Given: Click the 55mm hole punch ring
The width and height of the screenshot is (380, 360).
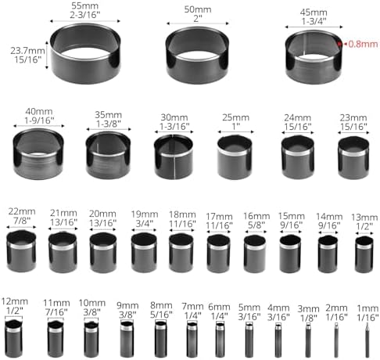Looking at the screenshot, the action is [85, 76].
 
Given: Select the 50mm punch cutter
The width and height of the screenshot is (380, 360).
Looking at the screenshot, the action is [197, 74].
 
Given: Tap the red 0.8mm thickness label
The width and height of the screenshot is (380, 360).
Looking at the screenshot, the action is [363, 44].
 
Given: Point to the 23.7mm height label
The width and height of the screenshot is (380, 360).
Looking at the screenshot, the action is [27, 50].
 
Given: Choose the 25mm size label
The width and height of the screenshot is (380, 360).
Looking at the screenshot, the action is [235, 117].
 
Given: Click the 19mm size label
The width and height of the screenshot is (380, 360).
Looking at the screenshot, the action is [145, 214].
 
